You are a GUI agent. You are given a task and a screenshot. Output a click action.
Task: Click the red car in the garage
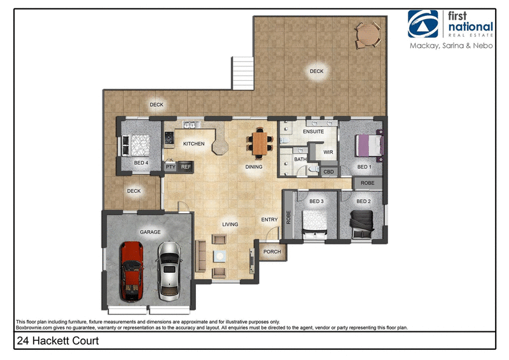pos(132,271)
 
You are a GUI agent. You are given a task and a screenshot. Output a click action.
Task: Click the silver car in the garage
pos(169,271)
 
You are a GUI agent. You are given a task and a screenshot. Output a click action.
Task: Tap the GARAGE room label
pos(150,232)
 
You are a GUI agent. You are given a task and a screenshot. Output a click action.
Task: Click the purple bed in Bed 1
pos(368,145)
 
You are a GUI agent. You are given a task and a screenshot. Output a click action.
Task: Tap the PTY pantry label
pos(170,167)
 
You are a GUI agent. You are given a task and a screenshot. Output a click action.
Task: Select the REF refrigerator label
pos(186,167)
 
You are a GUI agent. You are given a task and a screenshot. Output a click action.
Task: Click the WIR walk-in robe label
pos(328,153)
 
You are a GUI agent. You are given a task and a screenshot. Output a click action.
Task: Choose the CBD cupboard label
pos(329,172)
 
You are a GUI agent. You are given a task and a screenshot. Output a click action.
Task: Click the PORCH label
pos(272,251)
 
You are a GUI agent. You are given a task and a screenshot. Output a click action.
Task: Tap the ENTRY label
pos(269,220)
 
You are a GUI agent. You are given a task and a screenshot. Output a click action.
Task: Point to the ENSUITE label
pos(313,132)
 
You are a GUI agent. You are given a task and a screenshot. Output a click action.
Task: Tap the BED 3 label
pos(316,202)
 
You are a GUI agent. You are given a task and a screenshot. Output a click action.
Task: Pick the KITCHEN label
pos(193,144)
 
